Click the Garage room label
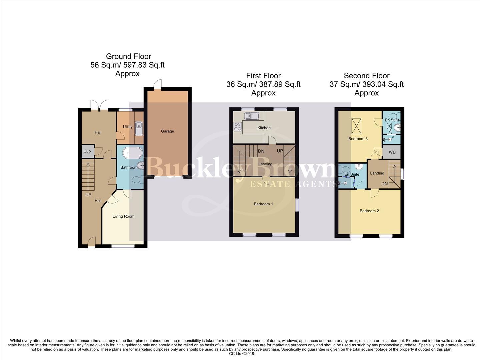pos(167,131)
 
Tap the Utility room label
pos(127,127)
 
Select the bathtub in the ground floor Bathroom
pos(132,153)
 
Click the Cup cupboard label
pos(87,151)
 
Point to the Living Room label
pos(123,216)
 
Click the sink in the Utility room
pos(139,128)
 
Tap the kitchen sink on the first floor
pos(252,116)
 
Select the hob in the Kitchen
pos(238,126)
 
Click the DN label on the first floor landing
pos(261,151)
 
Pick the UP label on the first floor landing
pos(280,151)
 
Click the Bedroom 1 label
pos(263,204)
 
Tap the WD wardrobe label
pos(392,152)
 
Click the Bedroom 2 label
pos(369,211)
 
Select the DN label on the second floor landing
pos(384,184)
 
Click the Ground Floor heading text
pos(128,56)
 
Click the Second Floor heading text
pos(366,76)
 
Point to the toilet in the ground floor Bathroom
pos(137,180)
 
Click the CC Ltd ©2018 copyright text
pos(242,354)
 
